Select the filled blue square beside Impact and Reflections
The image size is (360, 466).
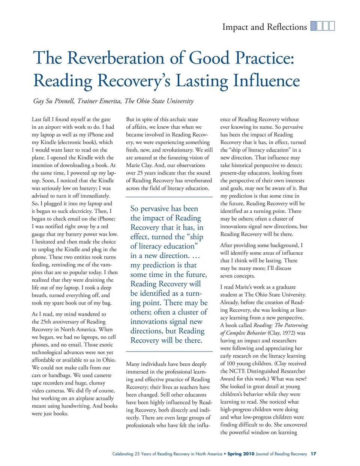pos(313,26)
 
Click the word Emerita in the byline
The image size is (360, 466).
pos(111,101)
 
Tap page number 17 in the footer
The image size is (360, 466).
pos(313,454)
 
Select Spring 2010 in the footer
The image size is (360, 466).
pos(241,454)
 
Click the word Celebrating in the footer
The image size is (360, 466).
pos(123,454)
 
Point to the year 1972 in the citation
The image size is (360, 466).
pos(288,333)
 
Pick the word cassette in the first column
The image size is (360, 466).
pos(102,375)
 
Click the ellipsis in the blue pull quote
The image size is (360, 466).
pos(196,256)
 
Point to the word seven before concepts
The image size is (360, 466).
pos(228,276)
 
